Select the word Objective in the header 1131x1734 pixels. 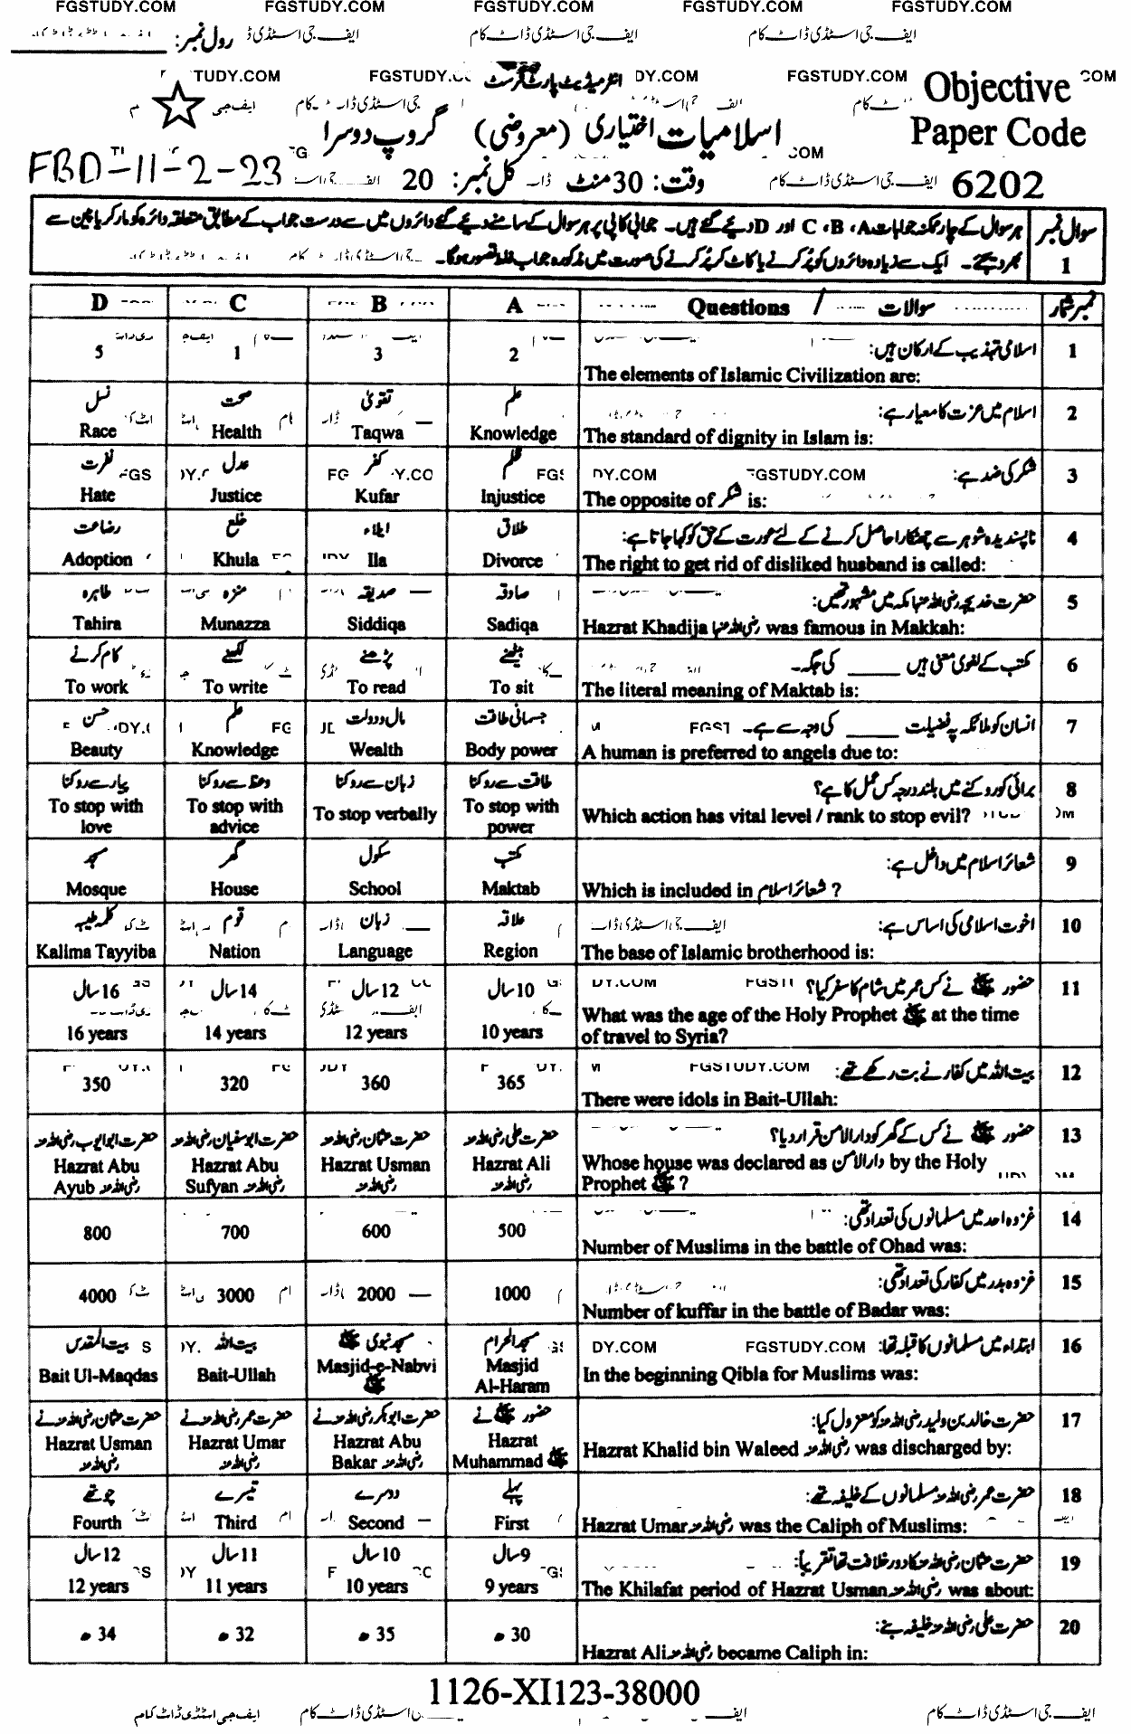coord(996,88)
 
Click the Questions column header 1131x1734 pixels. coord(737,307)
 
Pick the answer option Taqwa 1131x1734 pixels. coord(377,432)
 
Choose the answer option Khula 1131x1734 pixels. coord(235,560)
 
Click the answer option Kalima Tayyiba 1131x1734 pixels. coord(97,952)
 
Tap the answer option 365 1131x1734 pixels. coord(511,1083)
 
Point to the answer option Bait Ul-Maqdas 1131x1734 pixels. coord(98,1375)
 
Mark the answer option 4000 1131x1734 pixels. coord(97,1295)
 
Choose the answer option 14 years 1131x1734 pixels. coord(234,1033)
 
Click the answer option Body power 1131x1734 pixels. coord(511,750)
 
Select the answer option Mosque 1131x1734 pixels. coord(97,889)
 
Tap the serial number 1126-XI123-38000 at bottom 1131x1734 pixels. coord(562,1691)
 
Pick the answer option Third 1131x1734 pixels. coord(235,1522)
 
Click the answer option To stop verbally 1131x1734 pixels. coord(375,814)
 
